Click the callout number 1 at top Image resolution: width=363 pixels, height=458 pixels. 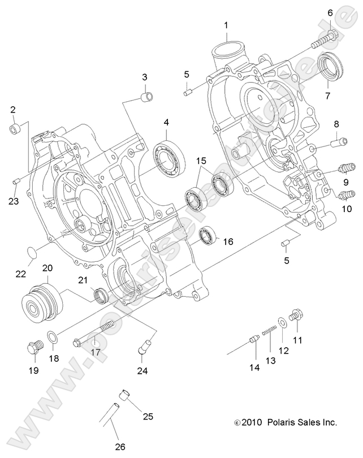(226, 25)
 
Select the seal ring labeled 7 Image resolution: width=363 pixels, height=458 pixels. (330, 63)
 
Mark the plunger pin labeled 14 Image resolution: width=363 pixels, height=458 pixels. (253, 338)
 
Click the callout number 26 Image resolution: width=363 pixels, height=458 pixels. (119, 447)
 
